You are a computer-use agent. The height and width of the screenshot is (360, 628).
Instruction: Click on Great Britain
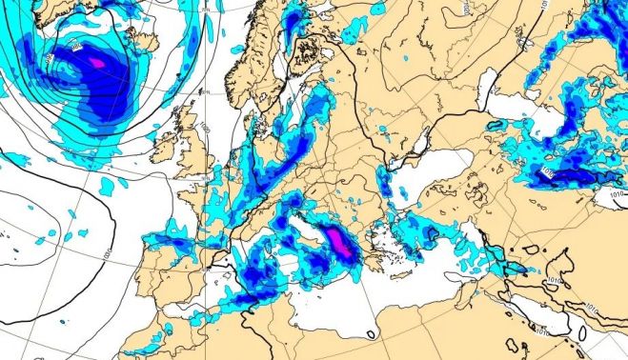(x=195, y=152)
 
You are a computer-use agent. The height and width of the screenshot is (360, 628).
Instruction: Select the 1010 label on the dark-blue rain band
(x=548, y=171)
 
